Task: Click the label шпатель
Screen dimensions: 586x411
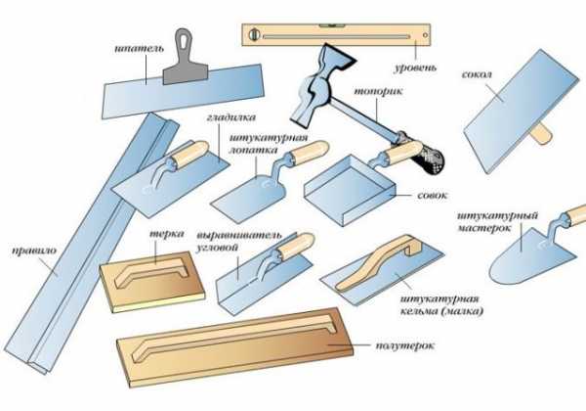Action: pos(139,49)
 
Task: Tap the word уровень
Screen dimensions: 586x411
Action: pos(415,68)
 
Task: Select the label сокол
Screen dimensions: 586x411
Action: pos(477,74)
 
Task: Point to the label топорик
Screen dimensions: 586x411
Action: pos(378,91)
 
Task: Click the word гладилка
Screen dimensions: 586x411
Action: pos(230,117)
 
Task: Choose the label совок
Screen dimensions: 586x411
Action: pos(432,196)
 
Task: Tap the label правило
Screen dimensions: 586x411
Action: pos(33,251)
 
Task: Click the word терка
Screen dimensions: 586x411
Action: pos(167,234)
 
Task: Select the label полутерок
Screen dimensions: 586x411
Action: pos(404,345)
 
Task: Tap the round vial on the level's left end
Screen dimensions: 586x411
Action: pos(255,34)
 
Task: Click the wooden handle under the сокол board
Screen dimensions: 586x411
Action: pos(541,134)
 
